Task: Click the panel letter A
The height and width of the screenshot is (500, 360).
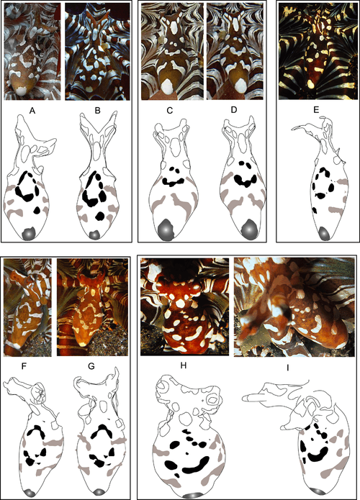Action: point(32,111)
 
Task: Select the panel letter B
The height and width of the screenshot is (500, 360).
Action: point(98,111)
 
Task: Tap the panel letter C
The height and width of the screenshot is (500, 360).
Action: point(170,110)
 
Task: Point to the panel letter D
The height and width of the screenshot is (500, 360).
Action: point(234,109)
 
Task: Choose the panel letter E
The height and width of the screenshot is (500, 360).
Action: point(316,110)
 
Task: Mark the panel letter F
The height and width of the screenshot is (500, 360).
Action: point(24,366)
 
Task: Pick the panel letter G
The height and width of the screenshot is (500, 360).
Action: point(91,366)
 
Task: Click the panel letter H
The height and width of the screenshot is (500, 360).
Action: point(183,365)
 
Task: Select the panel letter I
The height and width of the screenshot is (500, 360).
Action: point(288,368)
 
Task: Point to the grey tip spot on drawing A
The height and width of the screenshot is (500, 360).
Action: point(29,234)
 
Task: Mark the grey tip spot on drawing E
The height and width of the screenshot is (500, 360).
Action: point(324,233)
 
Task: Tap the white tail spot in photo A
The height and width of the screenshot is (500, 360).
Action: point(22,91)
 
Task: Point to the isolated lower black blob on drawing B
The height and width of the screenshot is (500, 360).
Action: point(100,216)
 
